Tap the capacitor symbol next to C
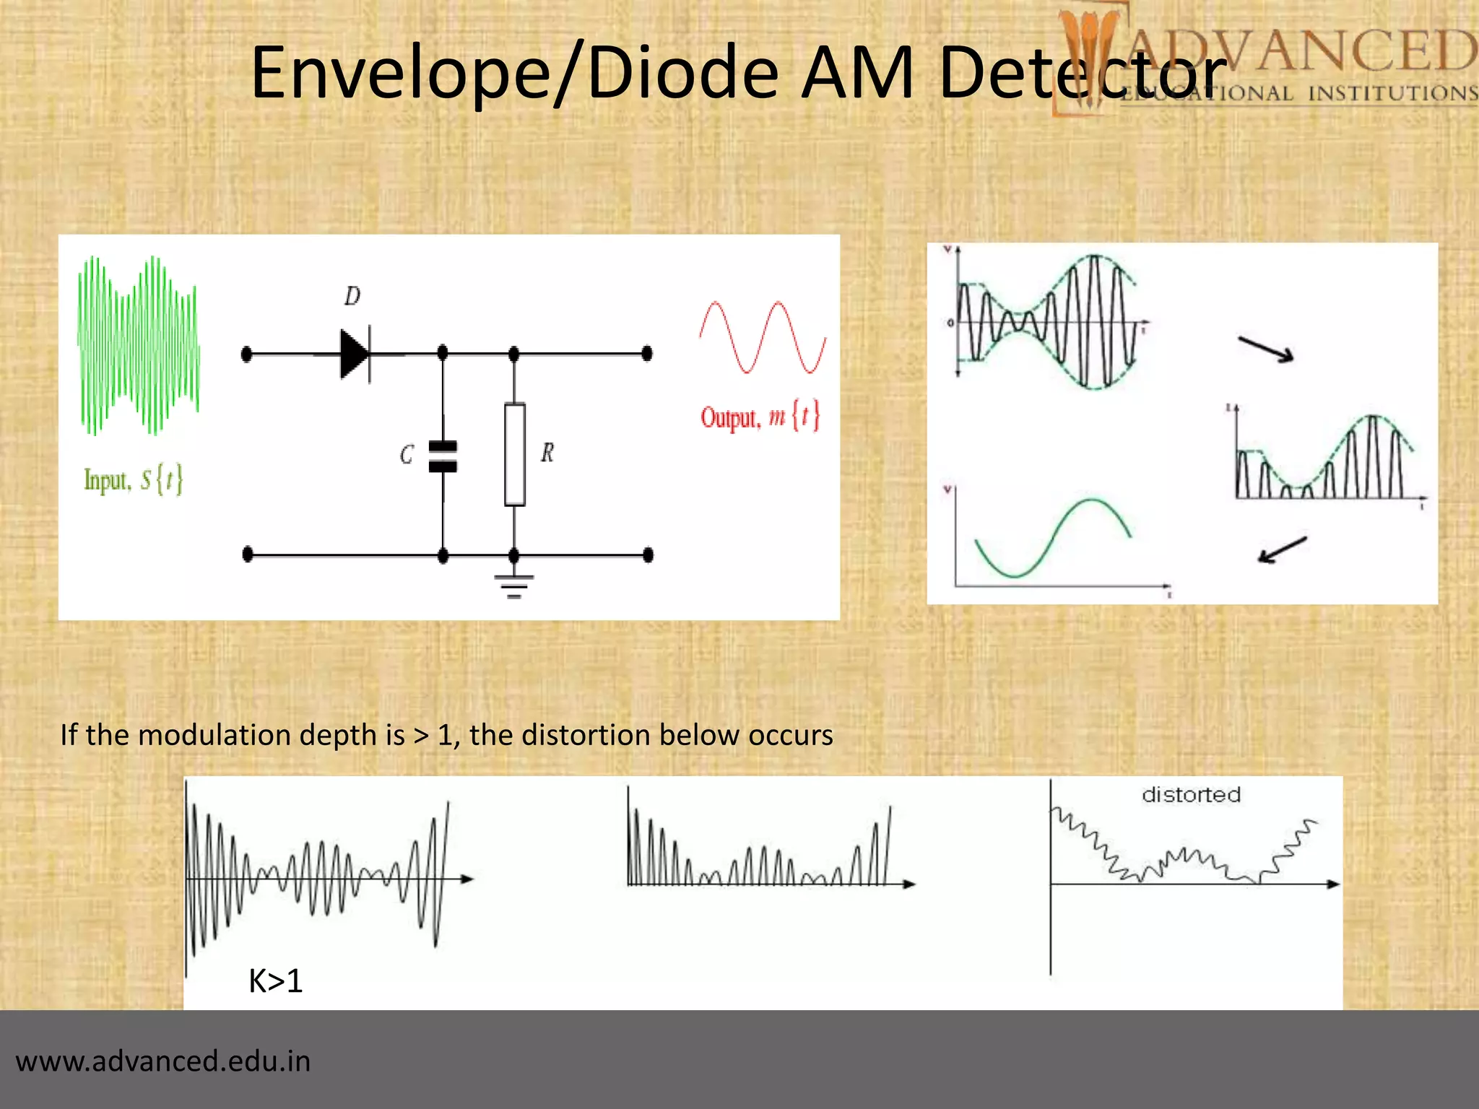pos(443,456)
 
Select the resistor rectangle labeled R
pos(514,455)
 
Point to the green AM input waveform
pos(138,345)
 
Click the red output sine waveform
pos(763,337)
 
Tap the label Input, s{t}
pos(134,480)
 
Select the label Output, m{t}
pos(760,417)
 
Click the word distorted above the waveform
pos(1191,795)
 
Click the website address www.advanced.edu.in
pos(163,1061)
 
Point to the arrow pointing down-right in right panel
pos(1265,349)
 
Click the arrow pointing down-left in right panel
pos(1282,549)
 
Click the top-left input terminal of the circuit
pos(246,354)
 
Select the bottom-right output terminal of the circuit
pos(648,554)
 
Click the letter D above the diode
pos(352,296)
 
